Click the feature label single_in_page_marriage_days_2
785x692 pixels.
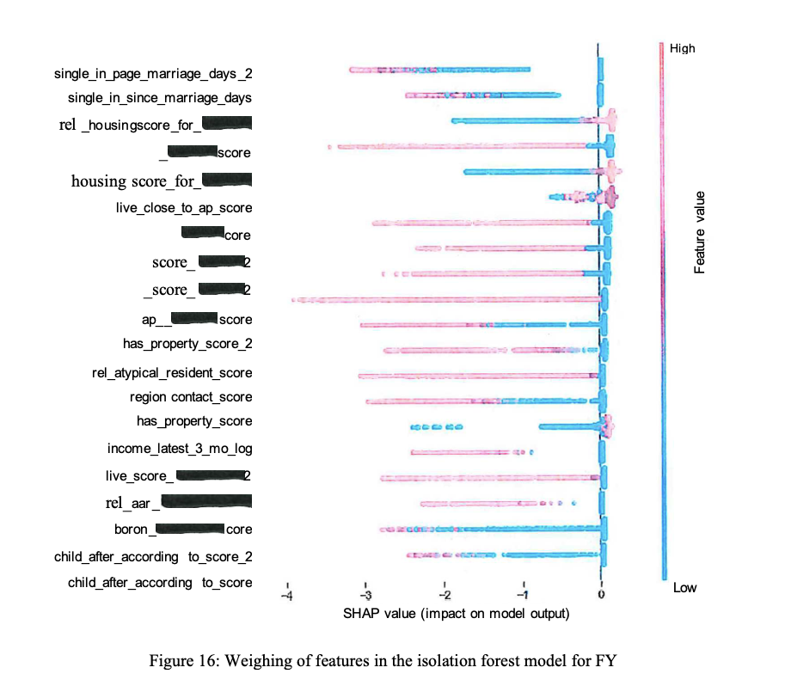(x=152, y=73)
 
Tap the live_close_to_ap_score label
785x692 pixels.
(x=184, y=207)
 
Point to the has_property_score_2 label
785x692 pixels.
(x=187, y=344)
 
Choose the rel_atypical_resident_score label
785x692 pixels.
(x=172, y=373)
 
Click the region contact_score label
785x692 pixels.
(x=191, y=397)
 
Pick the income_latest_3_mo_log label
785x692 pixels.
(x=180, y=449)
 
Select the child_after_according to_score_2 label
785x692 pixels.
(x=153, y=557)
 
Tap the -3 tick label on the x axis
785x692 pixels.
(x=365, y=596)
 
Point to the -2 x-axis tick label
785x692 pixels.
(x=444, y=596)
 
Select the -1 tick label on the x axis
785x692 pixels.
(x=522, y=596)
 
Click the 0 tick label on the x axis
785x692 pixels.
(x=601, y=596)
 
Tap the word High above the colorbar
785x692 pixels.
(x=683, y=49)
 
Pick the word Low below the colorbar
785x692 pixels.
(x=684, y=588)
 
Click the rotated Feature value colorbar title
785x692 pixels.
(x=700, y=233)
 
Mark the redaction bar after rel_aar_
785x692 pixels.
(x=206, y=501)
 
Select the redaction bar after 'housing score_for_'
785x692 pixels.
(x=226, y=180)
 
